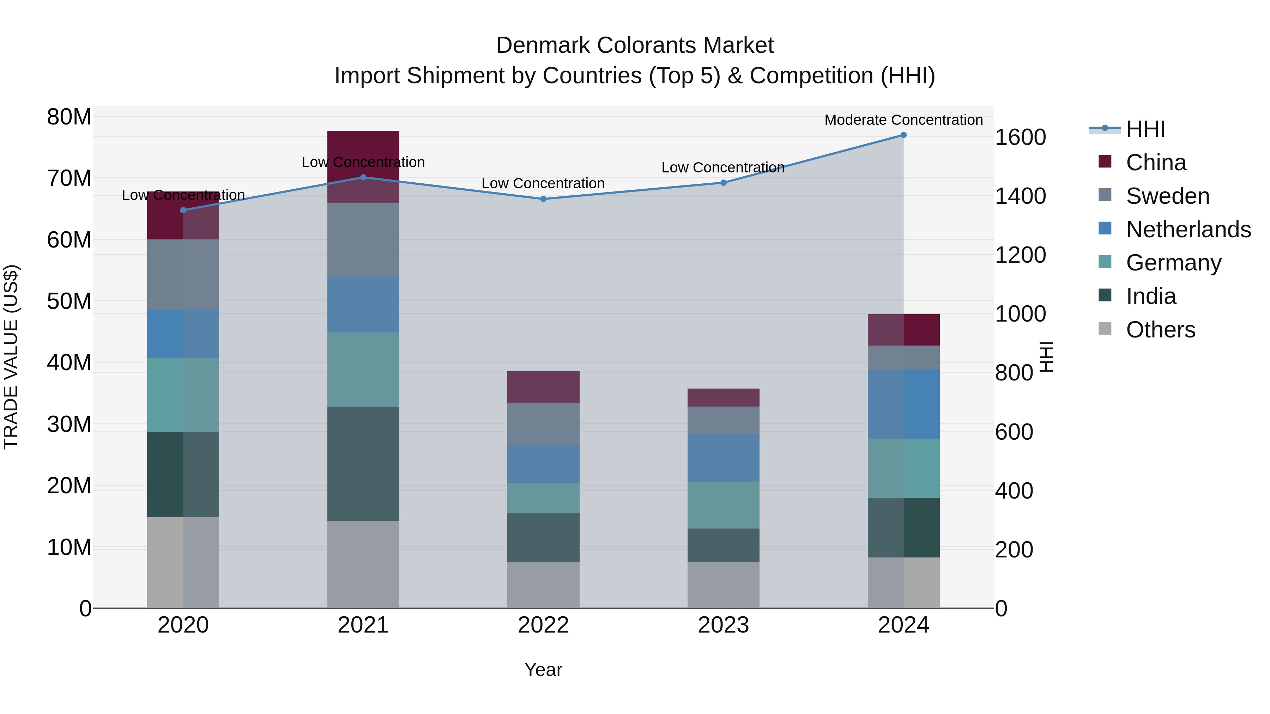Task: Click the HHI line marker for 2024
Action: point(903,135)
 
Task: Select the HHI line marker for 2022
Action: point(543,199)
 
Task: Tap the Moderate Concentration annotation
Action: point(903,120)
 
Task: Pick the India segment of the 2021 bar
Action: point(363,464)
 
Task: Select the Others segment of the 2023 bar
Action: point(723,585)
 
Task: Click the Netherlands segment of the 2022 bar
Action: point(543,464)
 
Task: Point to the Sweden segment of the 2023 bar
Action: point(723,420)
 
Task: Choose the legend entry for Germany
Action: point(1173,263)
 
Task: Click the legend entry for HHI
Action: point(1145,129)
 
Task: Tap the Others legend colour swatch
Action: point(1105,329)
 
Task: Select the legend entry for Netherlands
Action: point(1188,230)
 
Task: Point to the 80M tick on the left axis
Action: point(69,117)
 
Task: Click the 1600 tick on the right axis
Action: point(1020,138)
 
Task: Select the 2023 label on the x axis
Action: point(723,625)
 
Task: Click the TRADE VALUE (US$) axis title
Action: point(11,357)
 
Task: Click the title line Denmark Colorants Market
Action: point(635,45)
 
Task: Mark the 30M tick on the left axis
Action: point(69,424)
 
